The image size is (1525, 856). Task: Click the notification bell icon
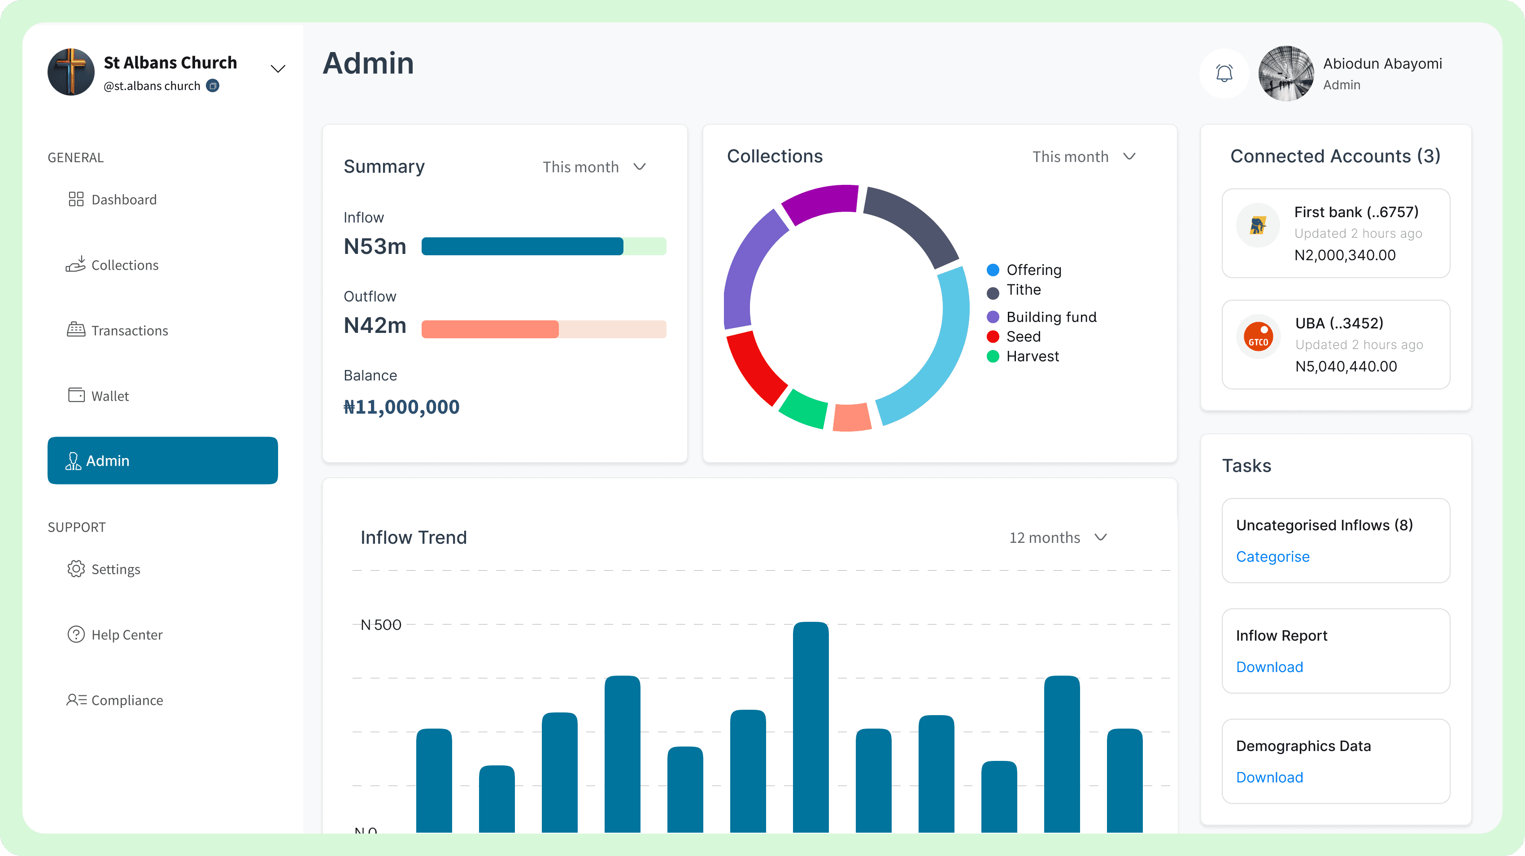pos(1224,74)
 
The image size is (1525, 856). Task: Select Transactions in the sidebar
pos(117,330)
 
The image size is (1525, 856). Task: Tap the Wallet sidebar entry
pos(98,395)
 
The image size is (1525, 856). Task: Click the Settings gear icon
pos(76,569)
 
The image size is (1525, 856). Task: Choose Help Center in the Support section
pos(115,635)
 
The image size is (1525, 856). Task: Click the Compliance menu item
pos(114,700)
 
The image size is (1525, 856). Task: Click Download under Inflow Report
pos(1269,667)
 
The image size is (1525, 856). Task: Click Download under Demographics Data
pos(1269,777)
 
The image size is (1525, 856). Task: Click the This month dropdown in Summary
pos(594,167)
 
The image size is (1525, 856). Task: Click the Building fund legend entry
pos(1042,317)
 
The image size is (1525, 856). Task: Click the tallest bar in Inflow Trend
pos(810,727)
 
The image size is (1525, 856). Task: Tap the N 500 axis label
pos(381,625)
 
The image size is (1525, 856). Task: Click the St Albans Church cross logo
pos(71,72)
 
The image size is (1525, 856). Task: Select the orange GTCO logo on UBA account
pos(1259,337)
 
